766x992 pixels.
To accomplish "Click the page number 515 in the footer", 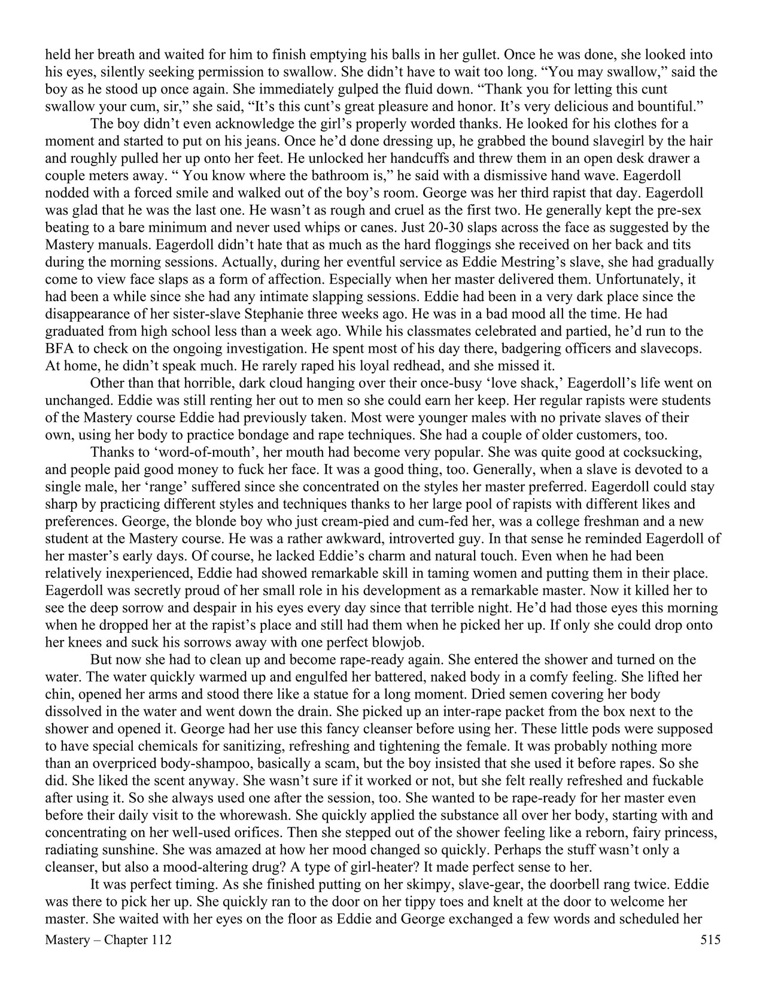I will tap(710, 940).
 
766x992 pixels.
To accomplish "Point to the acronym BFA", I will tap(59, 348).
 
